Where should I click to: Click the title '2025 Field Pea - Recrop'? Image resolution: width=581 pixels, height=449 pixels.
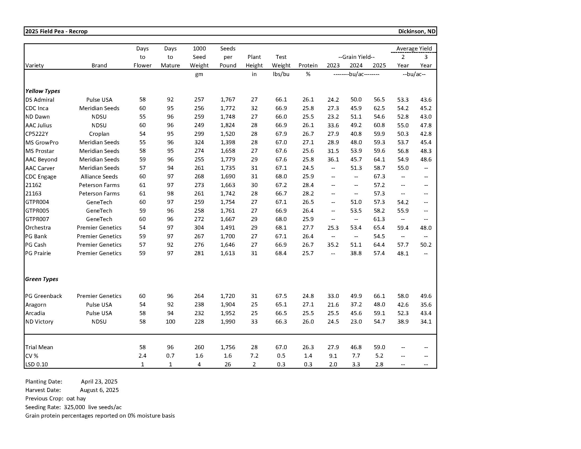click(56, 31)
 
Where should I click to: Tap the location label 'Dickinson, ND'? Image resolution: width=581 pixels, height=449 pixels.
click(417, 31)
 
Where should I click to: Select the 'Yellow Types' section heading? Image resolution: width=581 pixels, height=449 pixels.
click(42, 91)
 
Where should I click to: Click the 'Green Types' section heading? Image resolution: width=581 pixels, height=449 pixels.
click(41, 279)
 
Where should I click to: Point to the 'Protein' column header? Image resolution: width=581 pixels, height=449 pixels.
click(308, 66)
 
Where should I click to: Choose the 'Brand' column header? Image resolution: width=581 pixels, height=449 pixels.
click(99, 66)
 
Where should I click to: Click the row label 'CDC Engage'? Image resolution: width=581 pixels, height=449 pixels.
click(41, 176)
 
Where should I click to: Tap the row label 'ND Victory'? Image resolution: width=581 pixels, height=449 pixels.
click(39, 321)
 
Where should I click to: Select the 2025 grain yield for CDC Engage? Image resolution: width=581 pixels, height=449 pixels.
click(379, 176)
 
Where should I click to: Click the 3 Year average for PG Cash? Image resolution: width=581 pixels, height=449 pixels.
click(426, 245)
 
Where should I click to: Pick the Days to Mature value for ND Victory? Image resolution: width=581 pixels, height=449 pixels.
click(170, 321)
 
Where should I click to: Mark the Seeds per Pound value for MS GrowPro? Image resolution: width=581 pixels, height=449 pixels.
click(228, 142)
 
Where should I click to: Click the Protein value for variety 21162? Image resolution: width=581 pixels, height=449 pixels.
click(308, 185)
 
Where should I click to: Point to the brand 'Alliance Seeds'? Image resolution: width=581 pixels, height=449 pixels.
click(99, 176)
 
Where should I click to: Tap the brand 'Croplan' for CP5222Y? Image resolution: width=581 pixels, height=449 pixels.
click(99, 134)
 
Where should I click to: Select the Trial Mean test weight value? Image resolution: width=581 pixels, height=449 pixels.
click(281, 347)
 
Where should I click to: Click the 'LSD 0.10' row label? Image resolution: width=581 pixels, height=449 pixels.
click(36, 364)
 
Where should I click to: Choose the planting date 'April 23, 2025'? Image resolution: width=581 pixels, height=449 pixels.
click(99, 381)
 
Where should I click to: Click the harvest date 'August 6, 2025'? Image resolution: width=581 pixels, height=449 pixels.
click(99, 390)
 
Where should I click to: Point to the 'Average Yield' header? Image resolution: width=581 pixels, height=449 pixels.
click(414, 48)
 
